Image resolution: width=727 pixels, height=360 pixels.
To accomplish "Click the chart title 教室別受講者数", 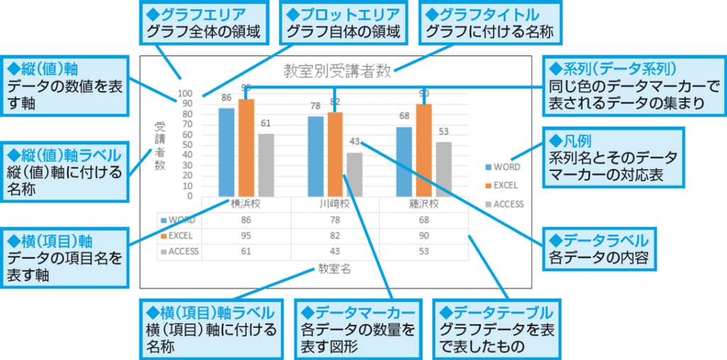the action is coord(337,72).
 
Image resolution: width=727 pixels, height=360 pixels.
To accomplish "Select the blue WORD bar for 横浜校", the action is coord(226,152).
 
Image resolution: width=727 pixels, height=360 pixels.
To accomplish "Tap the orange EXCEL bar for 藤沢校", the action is coord(424,150).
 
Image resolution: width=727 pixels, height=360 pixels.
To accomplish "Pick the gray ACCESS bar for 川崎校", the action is coord(355,175).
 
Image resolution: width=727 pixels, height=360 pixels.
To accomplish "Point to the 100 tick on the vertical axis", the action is coord(185,94).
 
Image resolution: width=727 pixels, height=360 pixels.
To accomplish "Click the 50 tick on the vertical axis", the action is coord(187,145).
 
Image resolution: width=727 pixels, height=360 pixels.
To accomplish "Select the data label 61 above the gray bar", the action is coord(266,123).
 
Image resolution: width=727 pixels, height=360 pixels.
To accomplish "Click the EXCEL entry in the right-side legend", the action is coord(501,185).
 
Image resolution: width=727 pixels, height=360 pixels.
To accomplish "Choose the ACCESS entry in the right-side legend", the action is coord(504,204).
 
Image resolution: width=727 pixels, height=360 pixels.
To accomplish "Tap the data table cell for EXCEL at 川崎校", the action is coord(335,235).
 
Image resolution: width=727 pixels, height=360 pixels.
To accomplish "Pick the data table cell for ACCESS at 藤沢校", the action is coord(423,251).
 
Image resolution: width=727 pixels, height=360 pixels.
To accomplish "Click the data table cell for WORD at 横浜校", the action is coord(246,219).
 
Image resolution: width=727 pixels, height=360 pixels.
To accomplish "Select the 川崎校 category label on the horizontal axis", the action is coord(335,204).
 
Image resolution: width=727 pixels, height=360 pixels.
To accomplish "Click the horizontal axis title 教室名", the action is coord(334,268).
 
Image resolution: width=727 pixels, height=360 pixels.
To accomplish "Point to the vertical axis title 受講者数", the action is coord(160,146).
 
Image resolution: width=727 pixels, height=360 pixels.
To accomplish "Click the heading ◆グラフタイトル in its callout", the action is coord(482,15).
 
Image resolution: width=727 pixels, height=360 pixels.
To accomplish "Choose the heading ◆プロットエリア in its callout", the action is coord(343,15).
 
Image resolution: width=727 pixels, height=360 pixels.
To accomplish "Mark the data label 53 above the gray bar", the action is coord(444,131).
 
